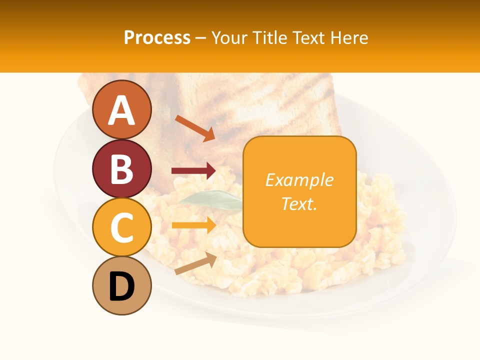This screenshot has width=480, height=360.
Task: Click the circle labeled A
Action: [122, 109]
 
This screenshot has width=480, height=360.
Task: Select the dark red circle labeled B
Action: [122, 168]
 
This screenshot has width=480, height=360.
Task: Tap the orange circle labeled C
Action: [122, 227]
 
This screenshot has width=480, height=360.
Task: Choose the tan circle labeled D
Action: [122, 286]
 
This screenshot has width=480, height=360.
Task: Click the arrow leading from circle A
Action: [194, 128]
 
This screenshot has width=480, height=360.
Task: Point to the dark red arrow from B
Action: [193, 171]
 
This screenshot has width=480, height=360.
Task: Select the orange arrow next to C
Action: [193, 225]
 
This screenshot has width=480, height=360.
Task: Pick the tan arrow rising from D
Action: [195, 263]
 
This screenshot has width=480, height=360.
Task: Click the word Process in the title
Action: [157, 37]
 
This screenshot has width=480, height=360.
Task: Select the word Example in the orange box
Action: [299, 180]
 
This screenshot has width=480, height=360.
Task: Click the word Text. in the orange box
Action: [299, 203]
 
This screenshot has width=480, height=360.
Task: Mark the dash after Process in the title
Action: [200, 38]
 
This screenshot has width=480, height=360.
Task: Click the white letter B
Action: [122, 169]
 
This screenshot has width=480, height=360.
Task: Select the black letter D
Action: [122, 286]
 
